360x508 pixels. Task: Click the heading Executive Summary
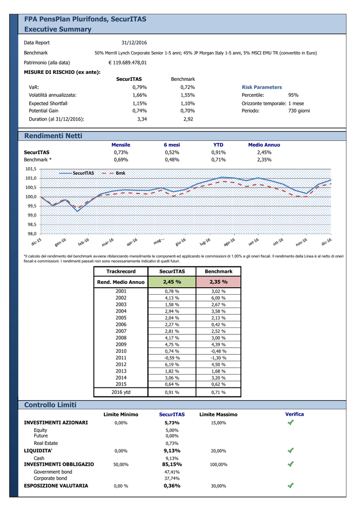[58, 29]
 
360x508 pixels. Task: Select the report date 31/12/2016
[134, 43]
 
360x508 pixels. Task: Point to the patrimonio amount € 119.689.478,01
[128, 63]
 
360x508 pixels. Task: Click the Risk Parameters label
[262, 87]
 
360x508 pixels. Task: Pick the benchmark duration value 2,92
[188, 119]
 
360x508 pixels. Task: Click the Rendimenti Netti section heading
[53, 136]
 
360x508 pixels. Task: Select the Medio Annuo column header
[264, 145]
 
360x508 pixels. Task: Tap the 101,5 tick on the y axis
[31, 169]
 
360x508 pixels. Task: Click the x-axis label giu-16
[181, 242]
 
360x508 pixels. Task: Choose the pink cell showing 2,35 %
[218, 282]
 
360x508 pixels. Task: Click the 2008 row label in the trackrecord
[121, 337]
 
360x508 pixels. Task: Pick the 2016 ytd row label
[121, 392]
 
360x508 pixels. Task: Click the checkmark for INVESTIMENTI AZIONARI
[290, 423]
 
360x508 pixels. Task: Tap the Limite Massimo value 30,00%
[218, 486]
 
